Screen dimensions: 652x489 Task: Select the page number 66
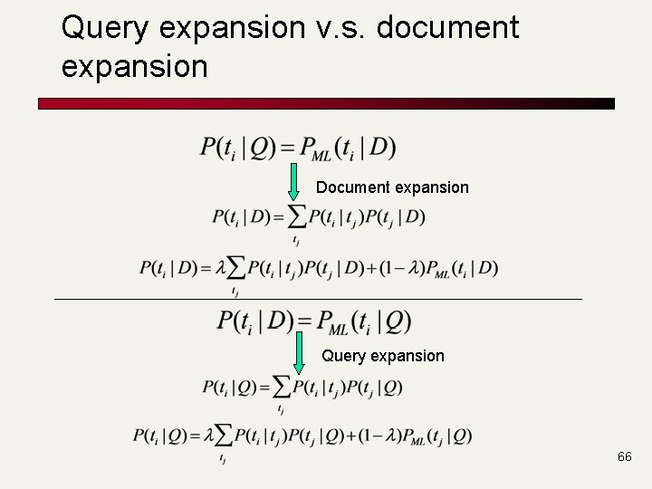click(x=624, y=457)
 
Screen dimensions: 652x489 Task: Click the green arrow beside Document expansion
click(x=293, y=182)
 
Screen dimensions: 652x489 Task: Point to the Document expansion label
click(x=392, y=187)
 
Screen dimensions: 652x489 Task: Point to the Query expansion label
click(x=383, y=356)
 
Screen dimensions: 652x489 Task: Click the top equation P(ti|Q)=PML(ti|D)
click(x=298, y=147)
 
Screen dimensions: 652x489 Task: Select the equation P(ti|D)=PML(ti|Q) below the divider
click(x=313, y=321)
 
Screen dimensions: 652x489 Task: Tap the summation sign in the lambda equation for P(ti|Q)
click(x=223, y=436)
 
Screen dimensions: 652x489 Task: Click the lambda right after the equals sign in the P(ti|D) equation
click(x=217, y=268)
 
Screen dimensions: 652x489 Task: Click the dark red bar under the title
click(x=326, y=104)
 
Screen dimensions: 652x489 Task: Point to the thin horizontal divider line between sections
click(x=317, y=299)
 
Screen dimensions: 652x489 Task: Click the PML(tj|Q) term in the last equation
click(x=437, y=436)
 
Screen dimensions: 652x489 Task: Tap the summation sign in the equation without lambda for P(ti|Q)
click(x=282, y=388)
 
